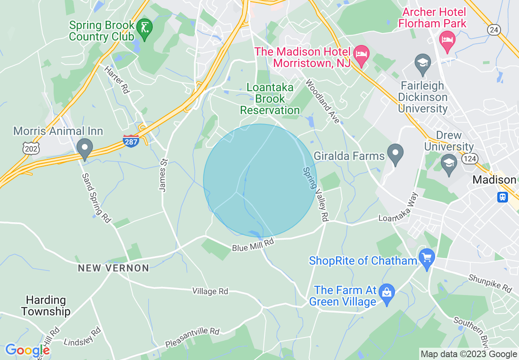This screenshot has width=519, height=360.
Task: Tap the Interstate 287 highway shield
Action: click(x=131, y=141)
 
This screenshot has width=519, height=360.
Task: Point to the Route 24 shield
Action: click(x=494, y=29)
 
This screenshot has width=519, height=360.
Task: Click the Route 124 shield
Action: click(x=469, y=158)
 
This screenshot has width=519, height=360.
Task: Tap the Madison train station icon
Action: click(x=503, y=197)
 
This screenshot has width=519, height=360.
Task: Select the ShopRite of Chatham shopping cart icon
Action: click(x=427, y=259)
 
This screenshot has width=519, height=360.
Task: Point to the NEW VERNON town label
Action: click(x=113, y=268)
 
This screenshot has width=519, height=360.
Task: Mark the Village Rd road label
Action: click(x=210, y=291)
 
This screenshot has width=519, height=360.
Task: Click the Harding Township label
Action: click(x=45, y=306)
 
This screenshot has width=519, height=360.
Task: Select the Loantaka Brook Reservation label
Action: click(x=270, y=99)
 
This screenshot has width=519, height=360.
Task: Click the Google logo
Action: click(x=27, y=350)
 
